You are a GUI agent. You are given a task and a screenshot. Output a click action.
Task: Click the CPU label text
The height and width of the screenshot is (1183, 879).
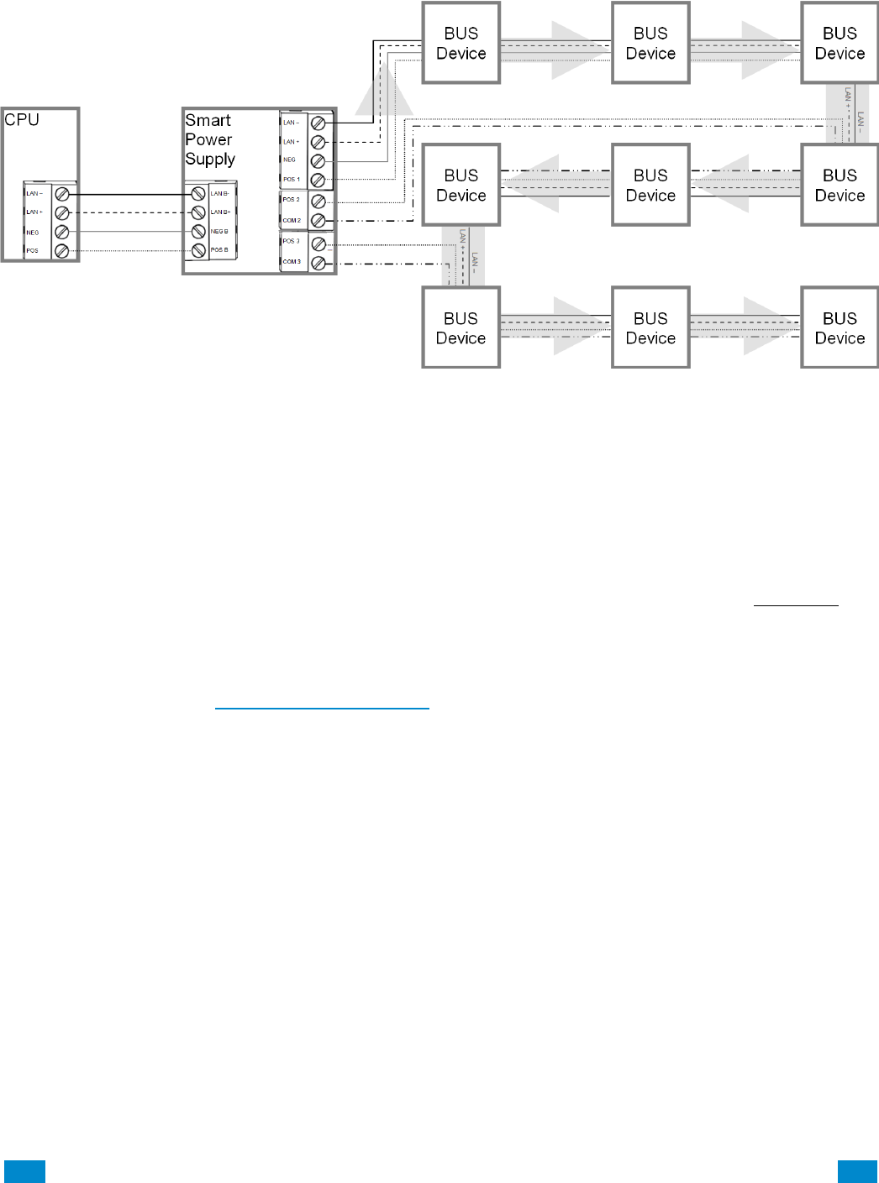[x=22, y=120]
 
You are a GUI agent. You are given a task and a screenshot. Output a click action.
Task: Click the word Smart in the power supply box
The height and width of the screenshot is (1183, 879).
[x=208, y=121]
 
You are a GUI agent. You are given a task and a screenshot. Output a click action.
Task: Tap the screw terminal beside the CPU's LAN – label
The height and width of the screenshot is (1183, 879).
[x=62, y=194]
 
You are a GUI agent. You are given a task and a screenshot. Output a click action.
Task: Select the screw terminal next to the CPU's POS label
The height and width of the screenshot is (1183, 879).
[x=62, y=251]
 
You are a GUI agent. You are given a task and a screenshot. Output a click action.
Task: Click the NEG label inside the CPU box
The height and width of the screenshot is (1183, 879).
[x=33, y=233]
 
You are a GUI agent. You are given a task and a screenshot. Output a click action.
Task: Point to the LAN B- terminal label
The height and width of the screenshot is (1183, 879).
[x=219, y=194]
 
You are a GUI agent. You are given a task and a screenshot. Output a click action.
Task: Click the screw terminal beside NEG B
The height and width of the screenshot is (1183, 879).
[x=198, y=232]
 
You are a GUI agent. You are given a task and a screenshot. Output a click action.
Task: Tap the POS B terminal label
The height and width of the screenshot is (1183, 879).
[x=219, y=250]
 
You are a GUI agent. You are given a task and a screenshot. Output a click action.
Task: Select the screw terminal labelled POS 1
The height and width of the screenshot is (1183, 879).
[x=318, y=180]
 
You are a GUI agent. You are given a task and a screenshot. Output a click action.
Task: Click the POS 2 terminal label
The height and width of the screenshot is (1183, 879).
[x=291, y=200]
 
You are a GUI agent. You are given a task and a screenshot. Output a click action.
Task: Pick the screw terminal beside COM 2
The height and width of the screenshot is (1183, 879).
[x=318, y=221]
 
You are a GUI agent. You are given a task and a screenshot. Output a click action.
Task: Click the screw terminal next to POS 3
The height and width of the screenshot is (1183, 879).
[x=318, y=243]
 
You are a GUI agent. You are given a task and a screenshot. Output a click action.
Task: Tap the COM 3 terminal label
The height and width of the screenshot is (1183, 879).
[x=291, y=262]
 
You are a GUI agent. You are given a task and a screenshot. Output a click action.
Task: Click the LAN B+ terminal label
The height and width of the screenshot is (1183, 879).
[x=220, y=212]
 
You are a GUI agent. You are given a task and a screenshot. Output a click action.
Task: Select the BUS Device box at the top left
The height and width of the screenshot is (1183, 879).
[x=461, y=43]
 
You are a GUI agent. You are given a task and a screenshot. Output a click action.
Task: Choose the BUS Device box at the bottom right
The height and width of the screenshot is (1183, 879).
[x=840, y=328]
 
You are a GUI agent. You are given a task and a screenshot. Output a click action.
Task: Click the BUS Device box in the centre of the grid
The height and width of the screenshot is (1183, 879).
[x=650, y=186]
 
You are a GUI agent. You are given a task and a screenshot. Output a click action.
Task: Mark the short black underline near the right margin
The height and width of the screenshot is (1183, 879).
[x=796, y=605]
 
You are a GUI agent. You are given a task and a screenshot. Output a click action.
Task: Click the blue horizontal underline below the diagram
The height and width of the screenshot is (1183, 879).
[x=322, y=709]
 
